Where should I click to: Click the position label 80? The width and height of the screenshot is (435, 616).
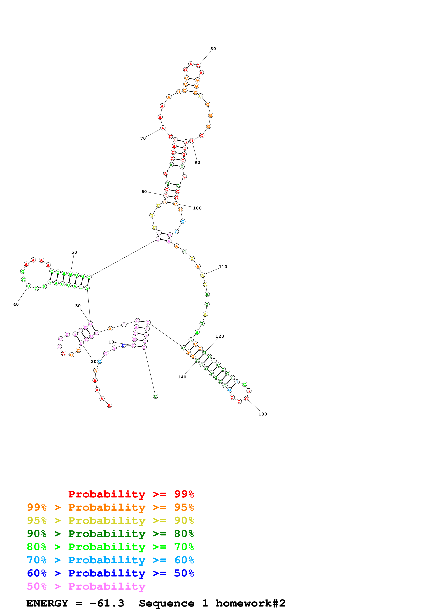213,49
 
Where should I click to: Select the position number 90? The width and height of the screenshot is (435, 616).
197,162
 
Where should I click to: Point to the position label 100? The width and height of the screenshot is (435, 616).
197,208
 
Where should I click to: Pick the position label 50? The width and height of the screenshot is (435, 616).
74,253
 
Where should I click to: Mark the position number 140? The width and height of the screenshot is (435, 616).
182,377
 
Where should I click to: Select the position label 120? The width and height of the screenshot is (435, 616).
220,336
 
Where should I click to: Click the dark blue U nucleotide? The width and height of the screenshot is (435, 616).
123,345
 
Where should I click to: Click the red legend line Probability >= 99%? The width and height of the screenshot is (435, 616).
131,494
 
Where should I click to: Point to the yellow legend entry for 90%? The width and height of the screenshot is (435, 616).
110,520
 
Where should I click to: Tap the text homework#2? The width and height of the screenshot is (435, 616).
250,603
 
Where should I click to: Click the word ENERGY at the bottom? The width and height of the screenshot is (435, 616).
47,603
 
